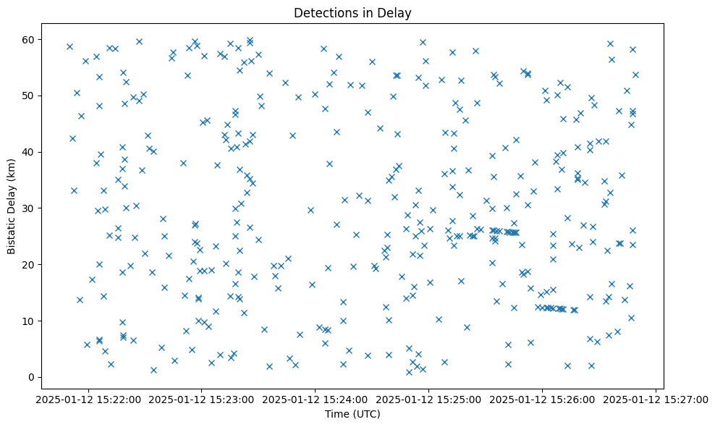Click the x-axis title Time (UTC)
pos(352,414)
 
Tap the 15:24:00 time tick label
pos(315,399)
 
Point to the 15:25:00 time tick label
pos(428,399)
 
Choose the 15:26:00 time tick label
pos(542,399)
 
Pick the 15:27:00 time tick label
pos(656,399)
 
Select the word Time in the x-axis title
pos(337,414)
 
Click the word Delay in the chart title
pos(397,12)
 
